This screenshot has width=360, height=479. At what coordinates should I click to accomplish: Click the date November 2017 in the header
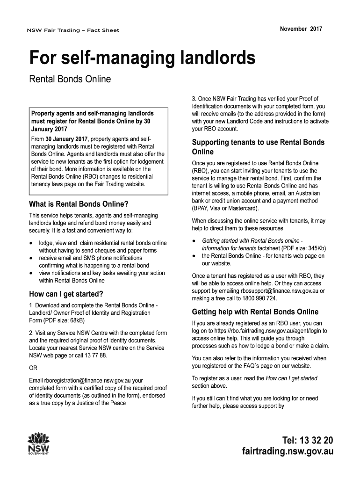point(301,29)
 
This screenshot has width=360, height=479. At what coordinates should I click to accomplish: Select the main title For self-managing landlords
point(142,59)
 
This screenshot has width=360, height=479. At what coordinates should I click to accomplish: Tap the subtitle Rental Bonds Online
point(70,79)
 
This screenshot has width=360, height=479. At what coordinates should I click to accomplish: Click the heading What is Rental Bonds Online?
point(79,204)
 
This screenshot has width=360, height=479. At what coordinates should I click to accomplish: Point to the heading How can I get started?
point(66,294)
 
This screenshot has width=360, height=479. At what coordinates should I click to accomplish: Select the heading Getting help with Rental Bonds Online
point(255,312)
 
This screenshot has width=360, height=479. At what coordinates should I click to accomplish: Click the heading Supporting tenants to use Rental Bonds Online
point(258,147)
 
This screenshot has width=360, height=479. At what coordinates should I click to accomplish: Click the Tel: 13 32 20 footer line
point(307,440)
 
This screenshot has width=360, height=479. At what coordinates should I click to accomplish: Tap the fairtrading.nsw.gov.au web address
point(287,452)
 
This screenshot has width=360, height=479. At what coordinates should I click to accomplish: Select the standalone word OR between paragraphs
point(34,368)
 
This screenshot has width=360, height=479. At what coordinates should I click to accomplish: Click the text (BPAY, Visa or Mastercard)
point(225,208)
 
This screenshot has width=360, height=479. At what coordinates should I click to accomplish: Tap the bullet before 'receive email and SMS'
point(31,258)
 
